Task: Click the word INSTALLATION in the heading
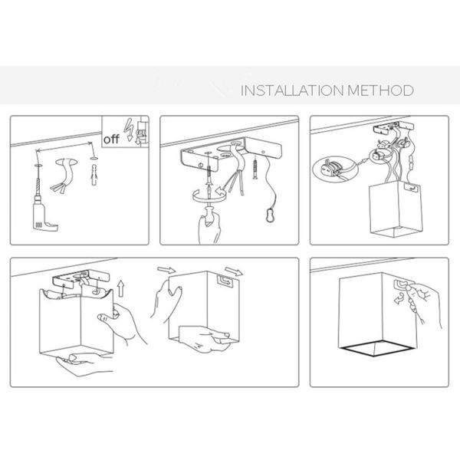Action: pos(291,90)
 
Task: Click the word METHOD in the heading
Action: pos(380,90)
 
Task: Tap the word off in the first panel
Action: pos(111,139)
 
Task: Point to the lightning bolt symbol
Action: pos(129,130)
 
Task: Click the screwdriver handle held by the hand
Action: pos(209,214)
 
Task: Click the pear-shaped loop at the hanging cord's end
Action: pos(270,215)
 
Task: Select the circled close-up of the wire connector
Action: pos(335,169)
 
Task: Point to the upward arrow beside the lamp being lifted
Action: pos(120,288)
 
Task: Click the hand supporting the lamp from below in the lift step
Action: pos(82,363)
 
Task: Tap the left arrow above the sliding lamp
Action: pos(166,270)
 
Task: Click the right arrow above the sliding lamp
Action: pos(234,271)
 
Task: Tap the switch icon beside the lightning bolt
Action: pos(142,131)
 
